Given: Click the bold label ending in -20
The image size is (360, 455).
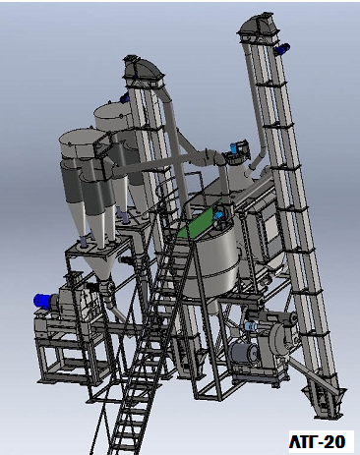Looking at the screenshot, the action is (317, 441).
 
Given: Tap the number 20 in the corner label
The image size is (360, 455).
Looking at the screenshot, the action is (334, 441).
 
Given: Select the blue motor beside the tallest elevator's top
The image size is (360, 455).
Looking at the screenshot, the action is (282, 49).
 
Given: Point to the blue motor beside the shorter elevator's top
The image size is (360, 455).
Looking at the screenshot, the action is (125, 97).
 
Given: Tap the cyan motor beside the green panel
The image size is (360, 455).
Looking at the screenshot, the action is (218, 214).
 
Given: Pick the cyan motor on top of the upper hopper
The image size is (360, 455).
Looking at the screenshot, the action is (234, 146).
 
